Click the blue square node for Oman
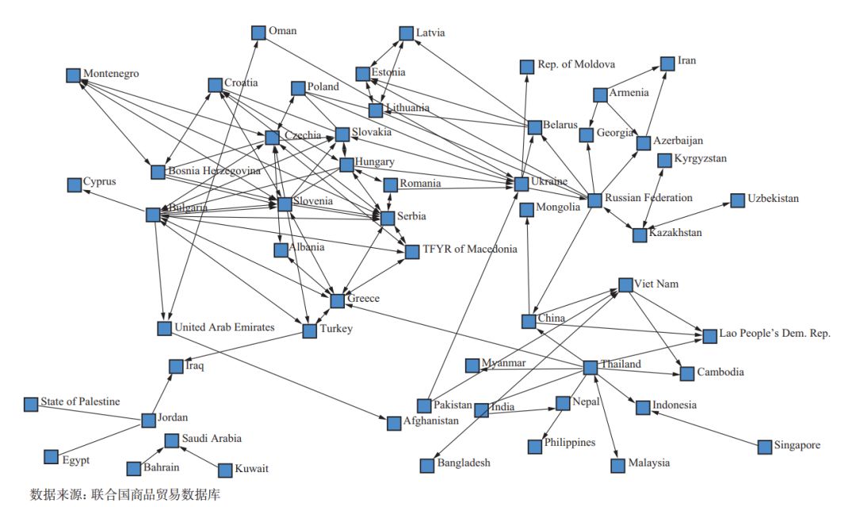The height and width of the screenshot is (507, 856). (258, 32)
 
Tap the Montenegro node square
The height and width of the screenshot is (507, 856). (73, 75)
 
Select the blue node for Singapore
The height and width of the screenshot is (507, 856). (764, 447)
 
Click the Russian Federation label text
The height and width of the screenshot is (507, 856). (648, 197)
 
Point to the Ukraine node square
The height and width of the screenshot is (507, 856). (521, 184)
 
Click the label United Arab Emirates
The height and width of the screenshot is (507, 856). (224, 327)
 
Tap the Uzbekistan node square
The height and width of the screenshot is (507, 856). (737, 200)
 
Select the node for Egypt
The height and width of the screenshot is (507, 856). (52, 457)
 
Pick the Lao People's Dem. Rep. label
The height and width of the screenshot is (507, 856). (774, 334)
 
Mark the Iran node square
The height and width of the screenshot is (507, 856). (666, 63)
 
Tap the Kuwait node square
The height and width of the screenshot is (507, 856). (225, 470)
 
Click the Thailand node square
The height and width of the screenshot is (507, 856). (590, 368)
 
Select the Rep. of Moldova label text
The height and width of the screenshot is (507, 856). (576, 64)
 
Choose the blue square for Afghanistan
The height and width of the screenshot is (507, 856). (394, 423)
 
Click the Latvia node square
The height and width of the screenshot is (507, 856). (405, 33)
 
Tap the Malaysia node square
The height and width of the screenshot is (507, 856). (618, 465)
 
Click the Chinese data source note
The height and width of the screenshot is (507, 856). (124, 494)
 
